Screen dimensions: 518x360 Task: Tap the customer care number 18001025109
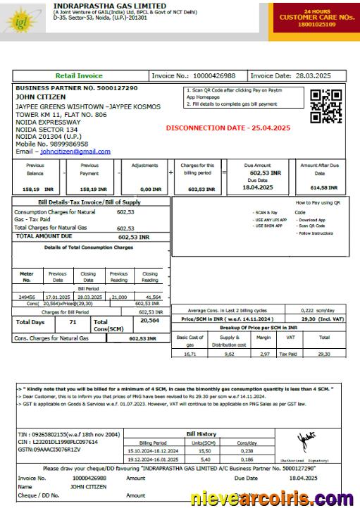[316, 24]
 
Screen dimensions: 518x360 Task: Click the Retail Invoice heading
[79, 75]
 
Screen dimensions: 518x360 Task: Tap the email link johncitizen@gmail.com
[75, 151]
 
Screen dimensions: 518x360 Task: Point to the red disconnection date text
[227, 128]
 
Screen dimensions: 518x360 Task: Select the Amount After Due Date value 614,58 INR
[323, 189]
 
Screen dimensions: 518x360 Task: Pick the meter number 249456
[27, 297]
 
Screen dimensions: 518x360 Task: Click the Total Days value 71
[73, 322]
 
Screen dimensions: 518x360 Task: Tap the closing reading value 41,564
[149, 297]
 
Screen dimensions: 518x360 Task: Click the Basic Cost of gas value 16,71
[190, 354]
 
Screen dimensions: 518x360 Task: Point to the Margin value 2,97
[264, 354]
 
